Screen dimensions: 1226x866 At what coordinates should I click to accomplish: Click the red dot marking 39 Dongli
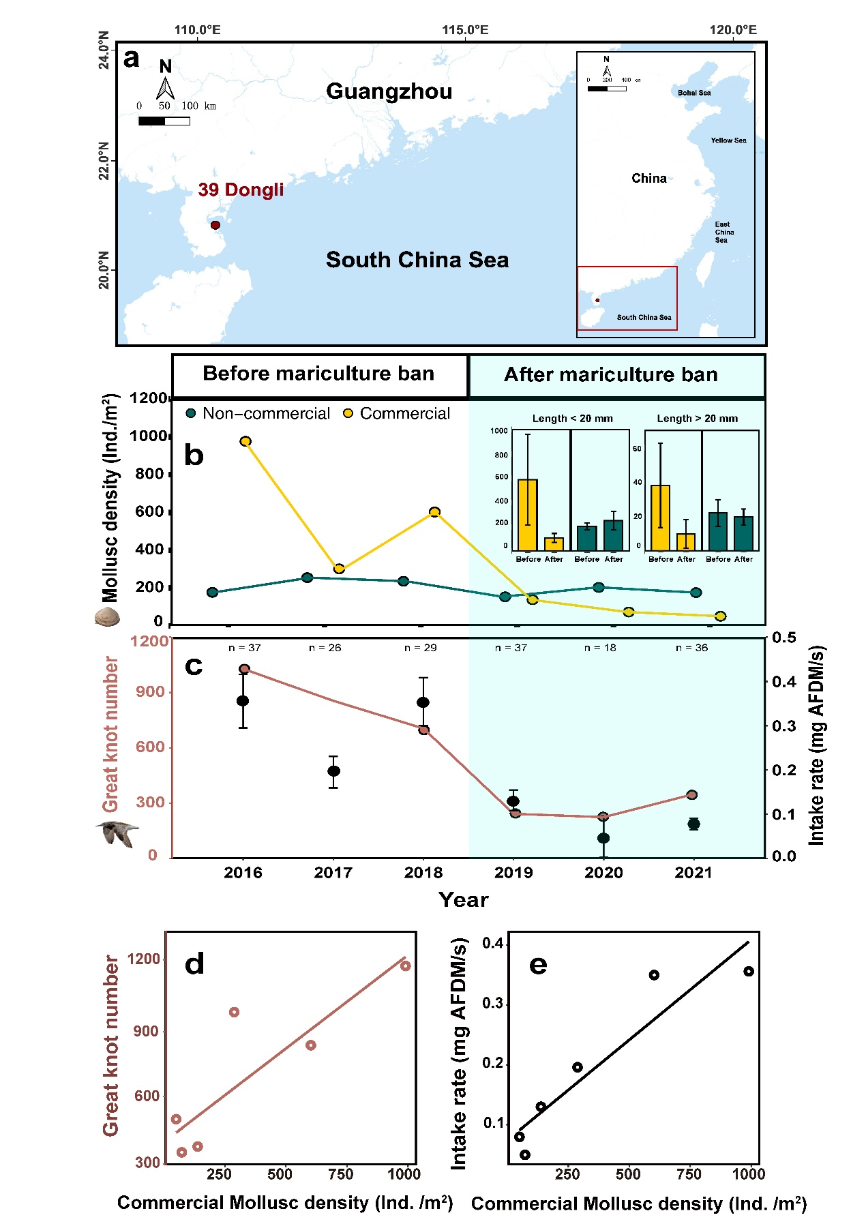215,225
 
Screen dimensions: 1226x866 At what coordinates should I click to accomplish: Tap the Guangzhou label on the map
389,91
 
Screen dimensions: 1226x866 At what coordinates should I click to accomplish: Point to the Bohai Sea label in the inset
694,93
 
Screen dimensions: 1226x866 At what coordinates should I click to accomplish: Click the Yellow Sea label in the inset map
728,140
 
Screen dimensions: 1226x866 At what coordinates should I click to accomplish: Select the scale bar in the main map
164,121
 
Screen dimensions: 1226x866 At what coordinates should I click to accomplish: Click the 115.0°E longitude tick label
465,30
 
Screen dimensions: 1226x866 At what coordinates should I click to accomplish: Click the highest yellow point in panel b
245,441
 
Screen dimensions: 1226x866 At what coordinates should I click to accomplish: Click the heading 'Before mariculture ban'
318,374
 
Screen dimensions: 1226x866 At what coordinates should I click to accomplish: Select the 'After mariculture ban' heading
610,375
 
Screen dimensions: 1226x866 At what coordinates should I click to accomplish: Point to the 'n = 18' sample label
600,648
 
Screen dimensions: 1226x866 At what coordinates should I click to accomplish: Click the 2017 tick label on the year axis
333,873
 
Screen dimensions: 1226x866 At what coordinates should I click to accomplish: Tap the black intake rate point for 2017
333,771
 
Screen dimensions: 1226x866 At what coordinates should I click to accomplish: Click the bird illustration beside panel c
117,833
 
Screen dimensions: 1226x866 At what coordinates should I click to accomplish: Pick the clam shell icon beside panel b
107,618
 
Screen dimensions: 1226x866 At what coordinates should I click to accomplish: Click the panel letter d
194,964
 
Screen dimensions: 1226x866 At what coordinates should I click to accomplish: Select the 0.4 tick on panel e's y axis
492,944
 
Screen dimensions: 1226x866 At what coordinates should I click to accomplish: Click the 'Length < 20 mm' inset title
572,419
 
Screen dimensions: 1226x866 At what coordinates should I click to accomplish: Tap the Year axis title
464,900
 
